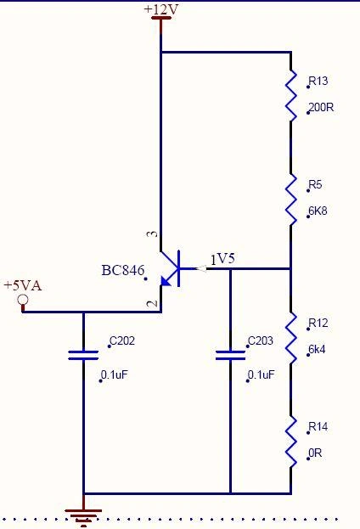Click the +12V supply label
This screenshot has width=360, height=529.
click(160, 8)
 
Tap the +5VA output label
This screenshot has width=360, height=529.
click(22, 285)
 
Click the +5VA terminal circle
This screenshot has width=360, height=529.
click(23, 300)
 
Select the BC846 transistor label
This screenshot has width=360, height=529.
click(122, 271)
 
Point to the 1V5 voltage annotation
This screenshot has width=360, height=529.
click(222, 259)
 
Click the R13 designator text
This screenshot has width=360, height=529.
click(318, 82)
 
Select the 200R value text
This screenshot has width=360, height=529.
click(322, 109)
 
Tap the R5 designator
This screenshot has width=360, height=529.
click(315, 185)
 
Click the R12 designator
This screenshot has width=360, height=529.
click(318, 323)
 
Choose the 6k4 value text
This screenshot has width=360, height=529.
click(317, 349)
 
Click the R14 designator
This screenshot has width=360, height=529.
click(318, 426)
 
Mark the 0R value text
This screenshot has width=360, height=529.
click(316, 453)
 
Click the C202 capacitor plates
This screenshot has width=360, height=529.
click(83, 354)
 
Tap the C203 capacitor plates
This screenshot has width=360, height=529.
click(230, 354)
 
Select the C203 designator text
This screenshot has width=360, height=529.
click(261, 342)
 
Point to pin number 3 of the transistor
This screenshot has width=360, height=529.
click(151, 234)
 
